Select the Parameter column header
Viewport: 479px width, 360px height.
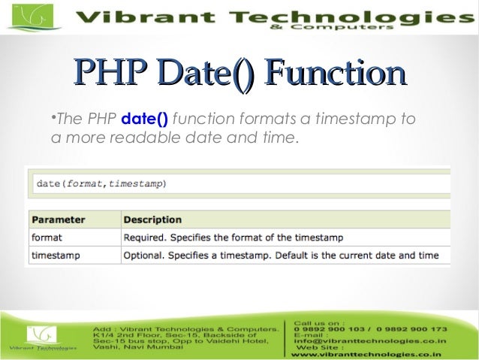[58, 219]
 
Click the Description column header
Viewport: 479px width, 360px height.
[152, 219]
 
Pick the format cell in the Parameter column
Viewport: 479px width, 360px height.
[47, 237]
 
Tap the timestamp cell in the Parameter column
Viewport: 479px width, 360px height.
[55, 256]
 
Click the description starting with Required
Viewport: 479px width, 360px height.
[233, 237]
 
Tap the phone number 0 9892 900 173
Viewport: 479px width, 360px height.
[412, 329]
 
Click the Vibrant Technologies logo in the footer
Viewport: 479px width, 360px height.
[42, 339]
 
